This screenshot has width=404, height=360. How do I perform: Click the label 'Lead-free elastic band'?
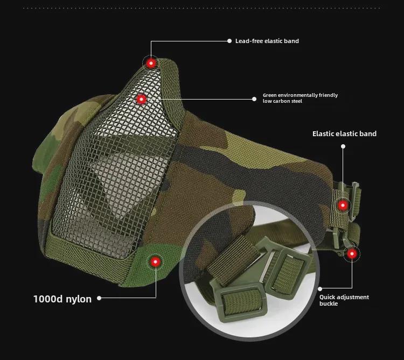267,41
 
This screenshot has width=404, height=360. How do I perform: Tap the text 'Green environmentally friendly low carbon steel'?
300,98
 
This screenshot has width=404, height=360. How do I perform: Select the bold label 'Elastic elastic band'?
344,133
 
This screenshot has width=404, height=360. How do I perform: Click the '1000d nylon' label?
62,299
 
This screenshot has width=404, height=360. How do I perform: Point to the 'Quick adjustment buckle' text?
344,300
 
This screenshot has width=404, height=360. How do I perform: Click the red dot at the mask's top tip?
151,63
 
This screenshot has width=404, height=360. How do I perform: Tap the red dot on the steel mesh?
141,99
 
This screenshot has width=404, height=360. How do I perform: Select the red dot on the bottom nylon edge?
155,262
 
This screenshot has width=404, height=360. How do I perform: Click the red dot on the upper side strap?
343,205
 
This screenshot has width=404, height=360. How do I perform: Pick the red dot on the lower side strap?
352,253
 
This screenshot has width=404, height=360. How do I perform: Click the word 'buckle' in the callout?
328,304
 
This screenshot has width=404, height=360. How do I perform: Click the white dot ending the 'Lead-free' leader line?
229,41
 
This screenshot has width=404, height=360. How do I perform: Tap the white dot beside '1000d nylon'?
99,298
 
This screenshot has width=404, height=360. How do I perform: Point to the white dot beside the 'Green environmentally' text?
255,98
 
